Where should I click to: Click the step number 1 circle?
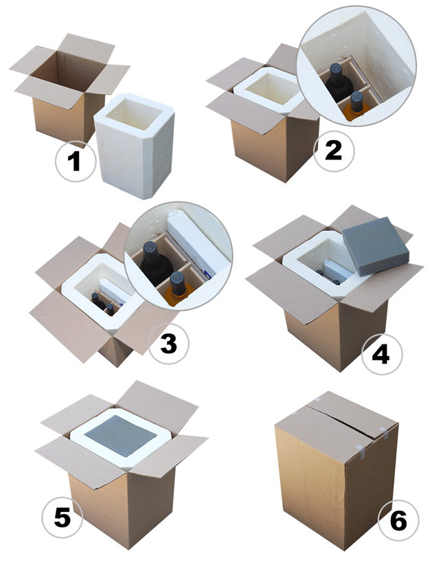pos(76,162)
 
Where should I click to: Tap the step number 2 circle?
pos(334,151)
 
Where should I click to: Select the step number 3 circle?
pos(168,343)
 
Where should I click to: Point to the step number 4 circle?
pos(382,354)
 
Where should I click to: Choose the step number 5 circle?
pos(63,518)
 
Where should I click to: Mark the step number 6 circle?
pos(398,520)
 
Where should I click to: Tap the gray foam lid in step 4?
pos(375,246)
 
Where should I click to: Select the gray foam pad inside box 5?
pos(121,435)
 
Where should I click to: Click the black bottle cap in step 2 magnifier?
pos(336,69)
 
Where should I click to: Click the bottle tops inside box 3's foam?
pos(103,303)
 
